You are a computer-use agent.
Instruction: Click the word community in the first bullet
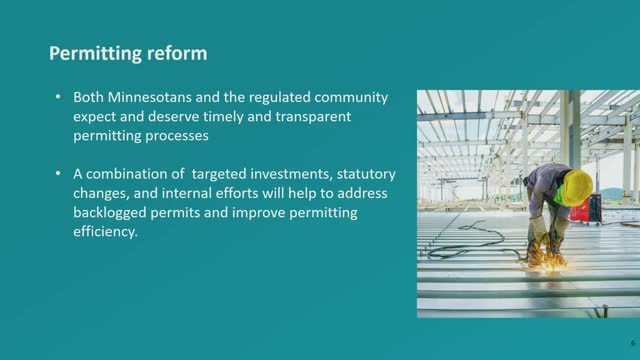coord(351,98)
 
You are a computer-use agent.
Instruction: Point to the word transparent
coord(313,117)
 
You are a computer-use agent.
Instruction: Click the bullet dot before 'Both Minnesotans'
coord(58,97)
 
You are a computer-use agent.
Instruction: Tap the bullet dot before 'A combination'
coord(58,174)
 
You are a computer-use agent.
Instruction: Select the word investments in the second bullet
coord(291,174)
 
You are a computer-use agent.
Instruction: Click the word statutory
coord(366,175)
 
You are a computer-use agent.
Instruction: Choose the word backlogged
coord(110,213)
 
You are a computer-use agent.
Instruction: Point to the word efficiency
coord(105,232)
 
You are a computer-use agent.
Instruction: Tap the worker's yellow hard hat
coord(577,187)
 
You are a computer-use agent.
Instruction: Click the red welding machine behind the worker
coord(586,209)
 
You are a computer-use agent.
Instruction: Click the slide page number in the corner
coord(633,343)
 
